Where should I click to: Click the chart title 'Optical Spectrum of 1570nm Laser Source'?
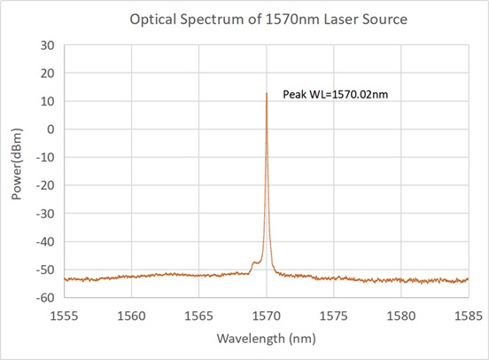point(245,18)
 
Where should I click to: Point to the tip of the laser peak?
point(266,92)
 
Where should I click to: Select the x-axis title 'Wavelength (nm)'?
point(266,338)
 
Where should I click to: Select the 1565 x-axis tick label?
point(198,314)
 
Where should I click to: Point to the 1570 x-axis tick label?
point(266,314)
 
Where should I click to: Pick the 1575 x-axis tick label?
point(333,314)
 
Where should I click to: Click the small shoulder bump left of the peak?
point(255,262)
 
